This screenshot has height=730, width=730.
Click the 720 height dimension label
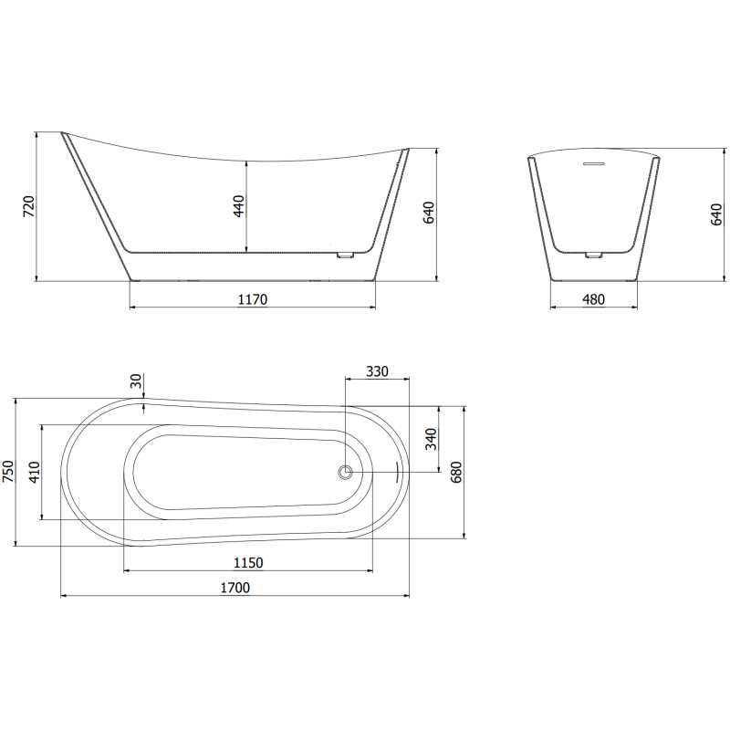click(28, 207)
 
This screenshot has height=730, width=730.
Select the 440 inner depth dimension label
click(239, 207)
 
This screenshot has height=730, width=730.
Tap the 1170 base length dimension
click(253, 299)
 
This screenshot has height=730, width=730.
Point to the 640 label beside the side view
click(428, 213)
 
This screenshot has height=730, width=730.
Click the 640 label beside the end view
click(717, 213)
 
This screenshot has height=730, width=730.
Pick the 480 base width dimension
click(593, 299)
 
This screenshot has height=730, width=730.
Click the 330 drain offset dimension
click(377, 370)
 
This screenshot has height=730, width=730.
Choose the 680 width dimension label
click(457, 472)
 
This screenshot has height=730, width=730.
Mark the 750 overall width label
click(8, 472)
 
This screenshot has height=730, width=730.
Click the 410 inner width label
click(35, 472)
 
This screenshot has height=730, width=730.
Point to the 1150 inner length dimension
click(248, 562)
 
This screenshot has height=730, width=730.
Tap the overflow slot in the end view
click(594, 164)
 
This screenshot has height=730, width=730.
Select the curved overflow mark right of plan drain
click(398, 472)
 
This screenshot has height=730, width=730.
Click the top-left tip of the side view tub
click(64, 135)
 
